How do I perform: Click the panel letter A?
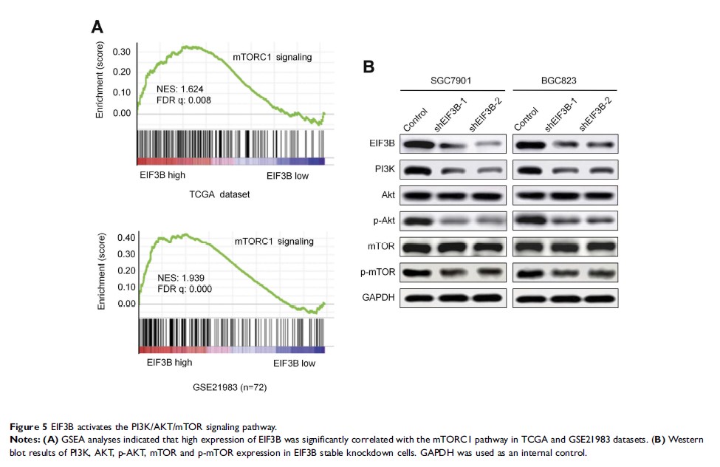pos(97,27)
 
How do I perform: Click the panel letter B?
pos(368,67)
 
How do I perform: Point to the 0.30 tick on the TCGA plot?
pos(122,52)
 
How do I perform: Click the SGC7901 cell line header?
pos(453,80)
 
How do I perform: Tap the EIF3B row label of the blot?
pos(383,144)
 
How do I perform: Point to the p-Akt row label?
pos(384,220)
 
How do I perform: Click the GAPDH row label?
pos(382,297)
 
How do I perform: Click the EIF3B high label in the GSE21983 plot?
pos(170,363)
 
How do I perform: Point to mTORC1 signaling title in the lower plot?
pos(274,241)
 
